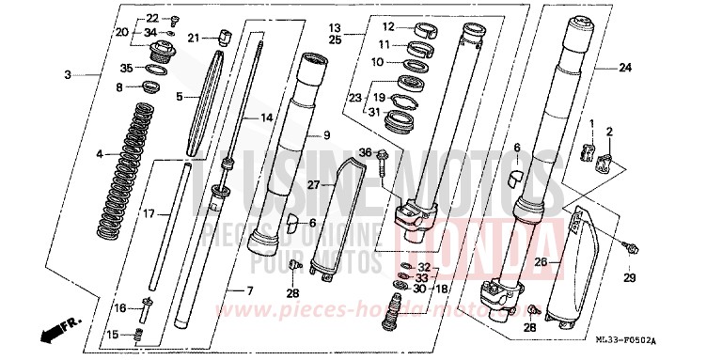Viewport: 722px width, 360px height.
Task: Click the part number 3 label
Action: (68, 74)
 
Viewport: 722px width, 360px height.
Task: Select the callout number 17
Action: (149, 215)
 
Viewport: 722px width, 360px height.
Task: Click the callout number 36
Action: (366, 152)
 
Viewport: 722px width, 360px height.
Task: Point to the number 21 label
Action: (194, 38)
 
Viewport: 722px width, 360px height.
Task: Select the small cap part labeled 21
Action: (224, 37)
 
